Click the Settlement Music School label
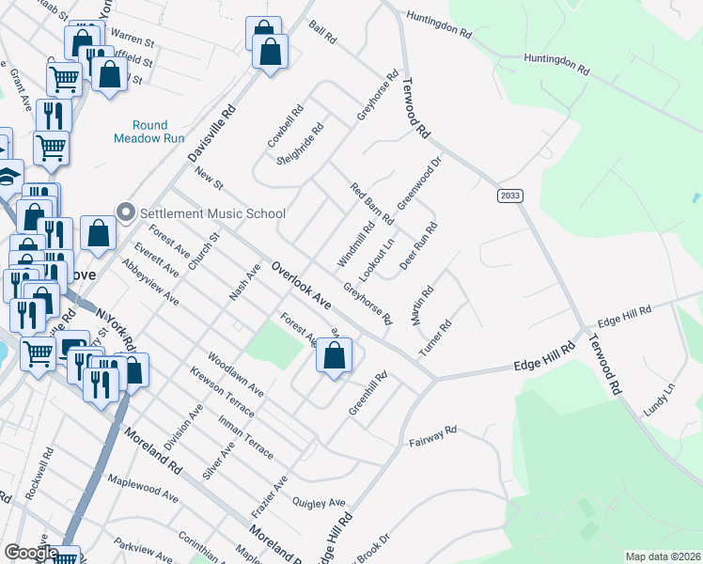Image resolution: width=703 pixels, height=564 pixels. point(212,212)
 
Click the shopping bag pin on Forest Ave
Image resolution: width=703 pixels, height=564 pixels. point(334,355)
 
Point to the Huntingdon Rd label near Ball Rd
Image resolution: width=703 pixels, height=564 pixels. point(439,24)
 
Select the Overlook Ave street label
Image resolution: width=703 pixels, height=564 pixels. point(301,286)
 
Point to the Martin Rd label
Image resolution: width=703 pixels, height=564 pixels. point(422,306)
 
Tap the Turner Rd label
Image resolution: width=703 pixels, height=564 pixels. point(436,337)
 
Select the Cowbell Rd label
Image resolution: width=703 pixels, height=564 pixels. point(284,125)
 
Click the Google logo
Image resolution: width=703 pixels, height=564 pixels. point(32,553)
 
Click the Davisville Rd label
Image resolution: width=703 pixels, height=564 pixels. point(211,132)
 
